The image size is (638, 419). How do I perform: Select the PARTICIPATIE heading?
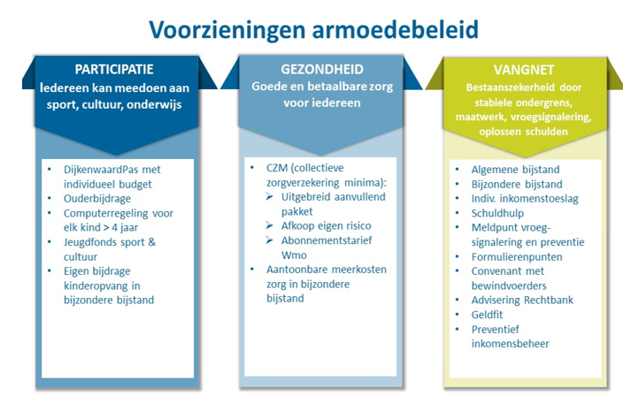click(x=115, y=71)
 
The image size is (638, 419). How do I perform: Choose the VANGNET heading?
click(x=519, y=69)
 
